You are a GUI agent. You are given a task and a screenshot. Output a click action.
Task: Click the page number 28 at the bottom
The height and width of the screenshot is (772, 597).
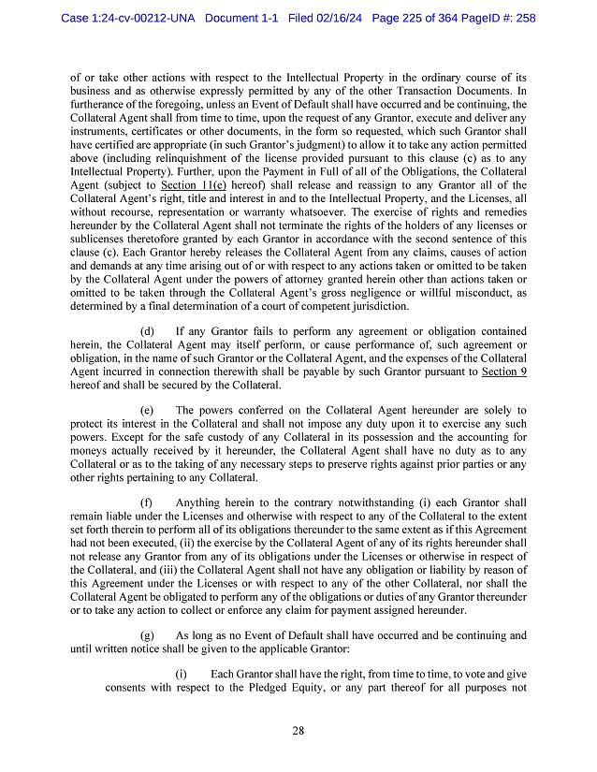pos(298,731)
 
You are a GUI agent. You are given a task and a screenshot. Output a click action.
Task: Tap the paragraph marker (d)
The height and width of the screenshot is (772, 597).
pos(148,331)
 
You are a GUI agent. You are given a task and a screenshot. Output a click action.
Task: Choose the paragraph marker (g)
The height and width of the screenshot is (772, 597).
pos(148,634)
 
